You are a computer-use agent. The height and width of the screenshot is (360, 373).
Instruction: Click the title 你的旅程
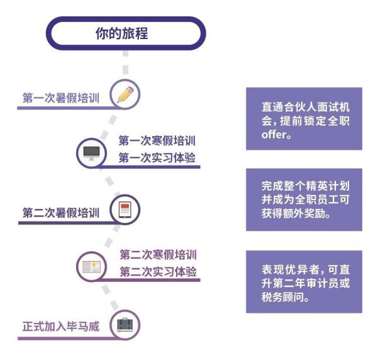click(122, 33)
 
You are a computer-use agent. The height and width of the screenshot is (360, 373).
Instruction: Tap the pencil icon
click(125, 94)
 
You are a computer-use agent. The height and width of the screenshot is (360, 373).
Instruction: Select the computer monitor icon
click(91, 153)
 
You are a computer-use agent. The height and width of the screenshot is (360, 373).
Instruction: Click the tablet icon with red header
click(125, 210)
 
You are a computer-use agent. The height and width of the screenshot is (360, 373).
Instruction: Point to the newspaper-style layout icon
click(91, 267)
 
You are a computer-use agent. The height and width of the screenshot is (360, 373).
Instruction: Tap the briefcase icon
click(125, 325)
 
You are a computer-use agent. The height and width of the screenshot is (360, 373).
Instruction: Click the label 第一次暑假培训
click(60, 98)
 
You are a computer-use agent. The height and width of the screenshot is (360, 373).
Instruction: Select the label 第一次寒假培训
click(157, 140)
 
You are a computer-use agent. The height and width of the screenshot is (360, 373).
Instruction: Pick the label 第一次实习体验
click(157, 157)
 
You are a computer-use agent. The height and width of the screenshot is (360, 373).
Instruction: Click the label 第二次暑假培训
click(60, 213)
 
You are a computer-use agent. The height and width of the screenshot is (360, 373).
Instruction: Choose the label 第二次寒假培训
click(158, 254)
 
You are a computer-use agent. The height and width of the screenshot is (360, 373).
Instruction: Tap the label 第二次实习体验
click(158, 272)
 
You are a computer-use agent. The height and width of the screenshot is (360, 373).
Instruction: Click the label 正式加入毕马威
click(60, 326)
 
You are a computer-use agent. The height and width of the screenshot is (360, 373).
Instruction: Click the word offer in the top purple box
click(274, 135)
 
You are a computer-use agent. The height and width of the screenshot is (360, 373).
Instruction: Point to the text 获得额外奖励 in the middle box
click(293, 213)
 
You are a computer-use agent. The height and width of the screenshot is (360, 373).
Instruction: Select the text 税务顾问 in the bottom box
click(282, 297)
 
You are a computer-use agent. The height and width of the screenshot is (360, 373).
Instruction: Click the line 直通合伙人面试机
click(306, 107)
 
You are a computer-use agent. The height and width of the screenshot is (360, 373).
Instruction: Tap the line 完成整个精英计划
click(306, 186)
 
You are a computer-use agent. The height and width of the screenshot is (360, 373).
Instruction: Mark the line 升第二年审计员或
click(306, 283)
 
